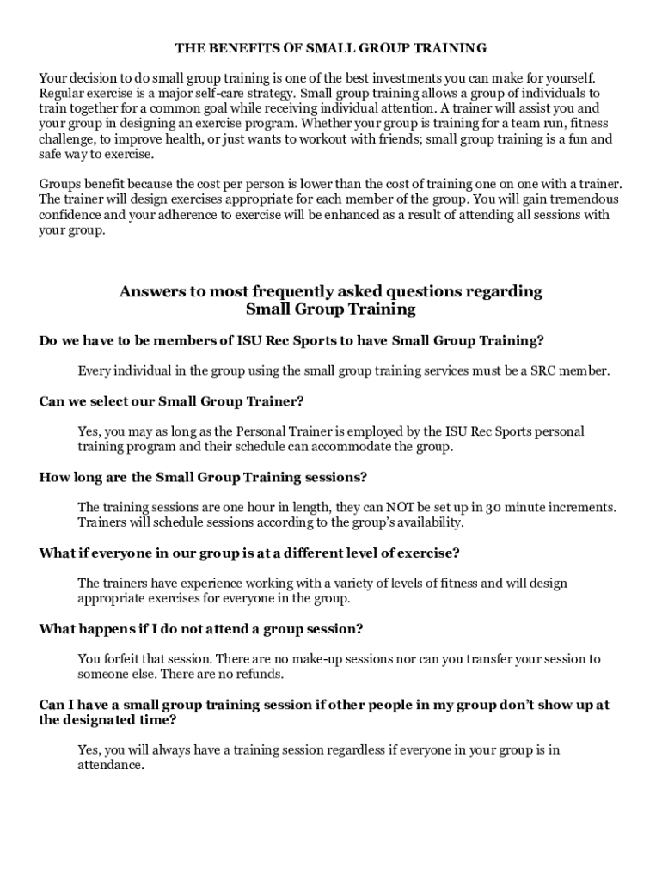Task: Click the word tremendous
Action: point(576,199)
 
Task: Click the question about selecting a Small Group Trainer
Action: point(172,401)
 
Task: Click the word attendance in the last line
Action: point(111,765)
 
